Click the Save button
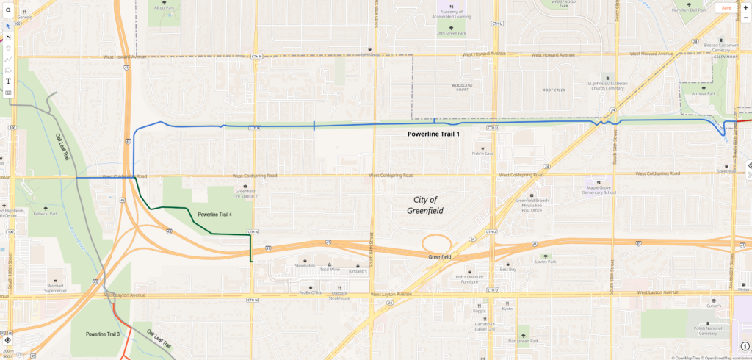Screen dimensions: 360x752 tap(726, 7)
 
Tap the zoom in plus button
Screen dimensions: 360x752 tap(745, 7)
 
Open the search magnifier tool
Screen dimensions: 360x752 tap(8, 11)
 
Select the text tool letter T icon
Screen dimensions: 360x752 tap(8, 81)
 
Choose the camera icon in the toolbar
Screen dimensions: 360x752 tap(8, 93)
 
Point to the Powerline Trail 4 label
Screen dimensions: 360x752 tap(215, 215)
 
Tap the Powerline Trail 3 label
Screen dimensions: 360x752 tap(102, 334)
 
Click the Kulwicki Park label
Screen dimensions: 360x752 tap(46, 215)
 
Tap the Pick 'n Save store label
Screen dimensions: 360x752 tap(482, 154)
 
